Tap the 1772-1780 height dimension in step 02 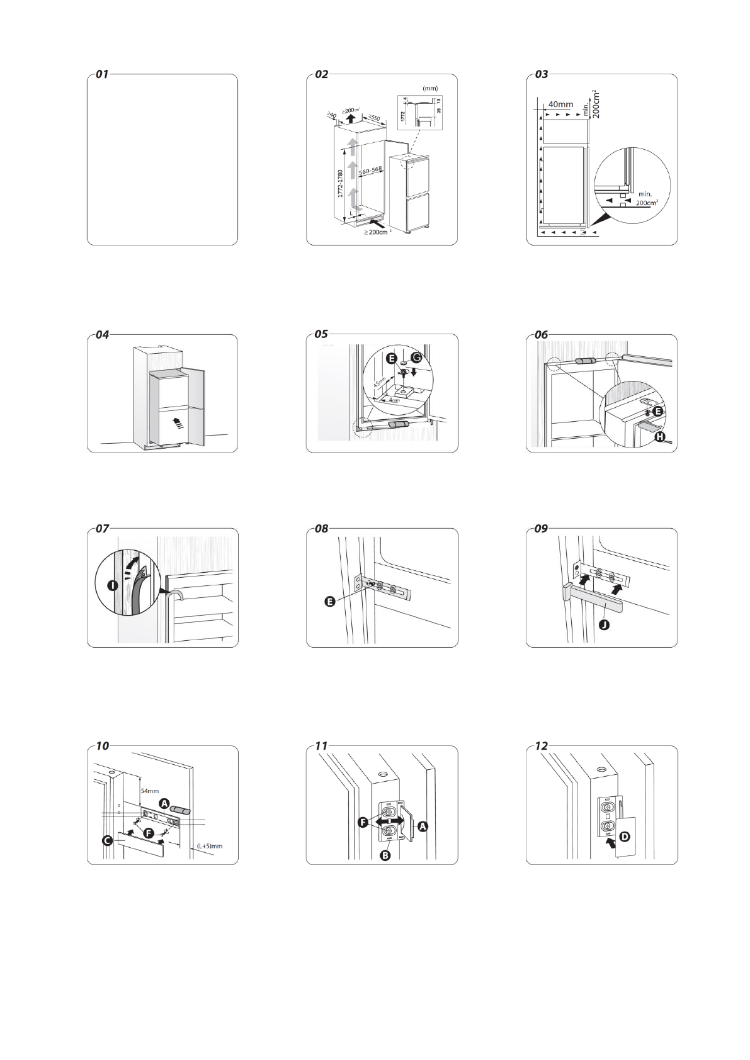click(x=340, y=183)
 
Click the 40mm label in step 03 click(x=561, y=104)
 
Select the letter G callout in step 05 click(x=416, y=358)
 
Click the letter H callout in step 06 click(x=659, y=437)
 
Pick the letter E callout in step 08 click(x=329, y=602)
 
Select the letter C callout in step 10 click(x=108, y=839)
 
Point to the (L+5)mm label click(x=210, y=846)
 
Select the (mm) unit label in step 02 click(x=430, y=89)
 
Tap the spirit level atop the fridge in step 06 click(x=586, y=362)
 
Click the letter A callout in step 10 click(x=164, y=804)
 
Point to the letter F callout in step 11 click(x=364, y=821)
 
